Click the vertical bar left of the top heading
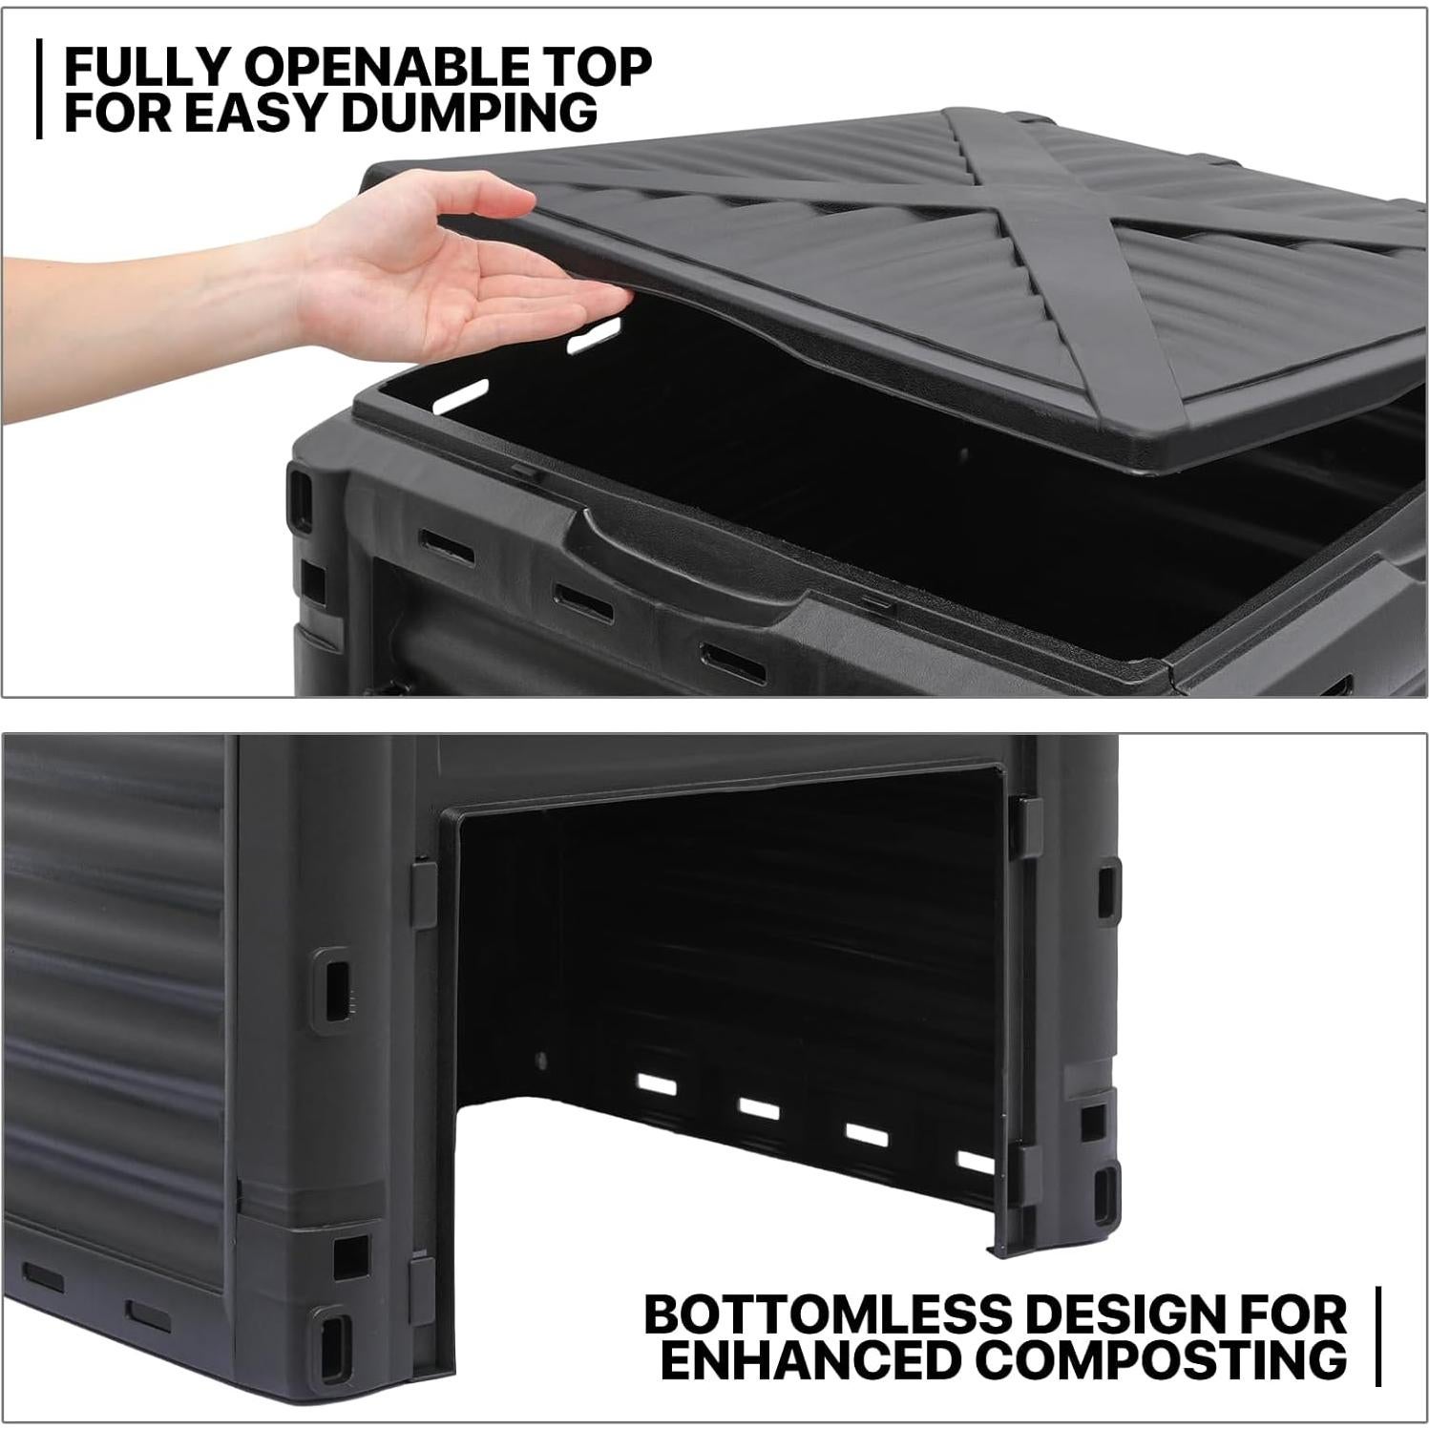[39, 89]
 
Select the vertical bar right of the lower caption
[1377, 1336]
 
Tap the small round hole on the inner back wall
[542, 1060]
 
